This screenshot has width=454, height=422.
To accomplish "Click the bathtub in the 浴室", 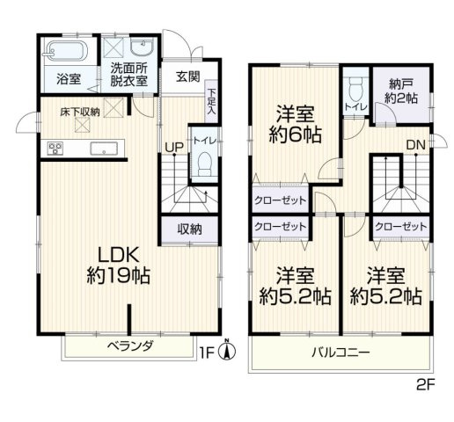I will pos(65,49).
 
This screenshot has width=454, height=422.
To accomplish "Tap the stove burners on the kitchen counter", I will pos(55,147).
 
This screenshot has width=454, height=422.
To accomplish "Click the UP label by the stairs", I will pos(172,148).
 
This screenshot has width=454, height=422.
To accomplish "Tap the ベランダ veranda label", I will pos(129,346).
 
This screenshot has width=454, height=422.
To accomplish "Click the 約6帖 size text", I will pos(294,135).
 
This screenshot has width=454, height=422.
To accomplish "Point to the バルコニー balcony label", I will pos(340,354).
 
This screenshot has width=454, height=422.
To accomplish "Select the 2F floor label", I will pos(426,384).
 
